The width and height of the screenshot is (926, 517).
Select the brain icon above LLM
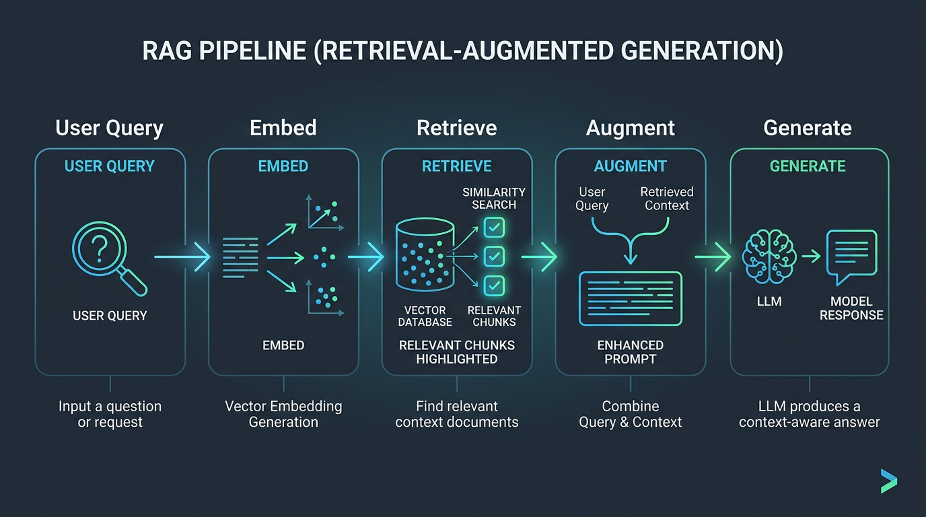click(x=769, y=256)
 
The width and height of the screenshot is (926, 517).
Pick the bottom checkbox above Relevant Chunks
click(x=495, y=285)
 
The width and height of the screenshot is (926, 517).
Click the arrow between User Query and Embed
click(x=182, y=256)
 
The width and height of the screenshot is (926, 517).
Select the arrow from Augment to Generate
click(x=713, y=256)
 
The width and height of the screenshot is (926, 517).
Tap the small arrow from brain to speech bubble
click(x=810, y=256)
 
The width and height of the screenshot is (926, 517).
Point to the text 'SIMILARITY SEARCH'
click(x=494, y=199)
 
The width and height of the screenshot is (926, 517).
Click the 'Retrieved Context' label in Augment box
click(x=667, y=199)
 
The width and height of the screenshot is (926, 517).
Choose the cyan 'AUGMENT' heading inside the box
click(x=631, y=166)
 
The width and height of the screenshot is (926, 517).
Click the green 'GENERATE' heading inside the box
click(x=808, y=166)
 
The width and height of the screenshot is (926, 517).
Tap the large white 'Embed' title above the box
click(x=283, y=128)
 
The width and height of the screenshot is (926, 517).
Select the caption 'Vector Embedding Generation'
click(x=283, y=414)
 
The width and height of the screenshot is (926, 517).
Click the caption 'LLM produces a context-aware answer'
click(x=809, y=414)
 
